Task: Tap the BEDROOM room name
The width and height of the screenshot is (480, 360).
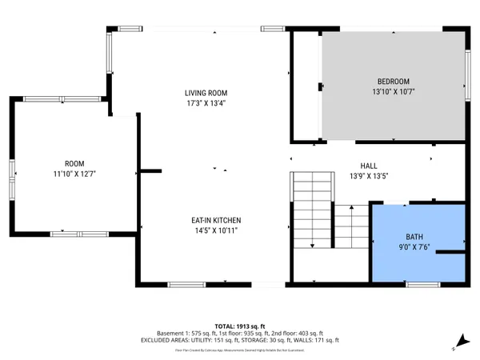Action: pos(393,82)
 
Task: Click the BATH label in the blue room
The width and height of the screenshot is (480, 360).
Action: pos(414,237)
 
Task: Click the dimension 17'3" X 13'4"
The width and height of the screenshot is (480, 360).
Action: pos(205,103)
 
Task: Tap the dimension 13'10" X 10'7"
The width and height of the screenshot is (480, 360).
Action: pos(393,92)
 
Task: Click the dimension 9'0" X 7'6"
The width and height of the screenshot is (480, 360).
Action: pos(414,247)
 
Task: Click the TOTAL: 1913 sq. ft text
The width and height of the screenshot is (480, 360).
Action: pos(240,326)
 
